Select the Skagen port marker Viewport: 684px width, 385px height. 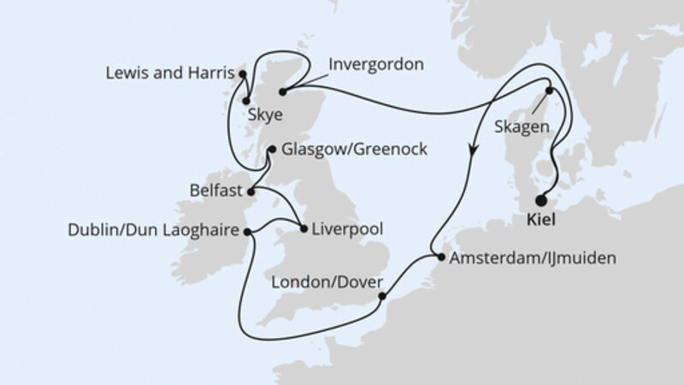pyautogui.click(x=550, y=91)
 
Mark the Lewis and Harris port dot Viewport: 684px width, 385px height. pyautogui.click(x=242, y=74)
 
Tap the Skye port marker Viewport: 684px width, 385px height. pyautogui.click(x=247, y=101)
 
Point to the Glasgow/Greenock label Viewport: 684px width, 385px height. pyautogui.click(x=353, y=150)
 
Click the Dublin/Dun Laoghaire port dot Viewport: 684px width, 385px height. pyautogui.click(x=247, y=230)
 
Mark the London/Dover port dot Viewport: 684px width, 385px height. pyautogui.click(x=381, y=299)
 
